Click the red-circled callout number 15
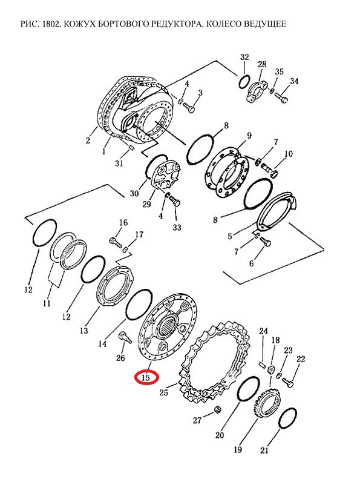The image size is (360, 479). click(x=146, y=377)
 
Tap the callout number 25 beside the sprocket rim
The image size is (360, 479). click(x=164, y=392)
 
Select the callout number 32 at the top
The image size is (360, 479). click(x=244, y=57)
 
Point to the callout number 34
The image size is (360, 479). click(x=294, y=81)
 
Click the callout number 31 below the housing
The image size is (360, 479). click(x=119, y=164)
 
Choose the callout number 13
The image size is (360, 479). click(x=84, y=331)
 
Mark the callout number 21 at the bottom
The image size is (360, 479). click(x=264, y=450)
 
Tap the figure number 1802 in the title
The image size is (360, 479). click(x=49, y=24)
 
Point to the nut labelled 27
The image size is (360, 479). click(x=218, y=409)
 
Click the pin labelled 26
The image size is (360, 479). click(x=125, y=336)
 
